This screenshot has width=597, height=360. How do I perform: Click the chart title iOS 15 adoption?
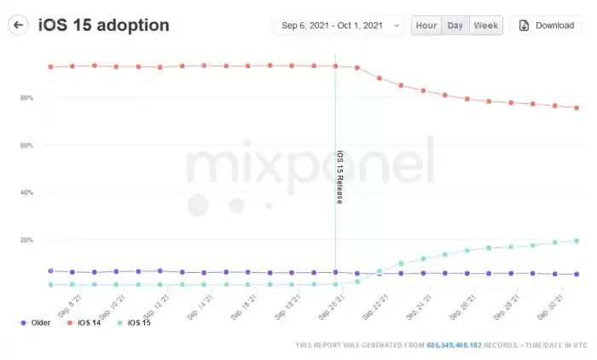[x=104, y=25]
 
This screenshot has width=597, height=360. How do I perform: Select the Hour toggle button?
[x=426, y=26]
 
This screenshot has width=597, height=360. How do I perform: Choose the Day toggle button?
[x=455, y=26]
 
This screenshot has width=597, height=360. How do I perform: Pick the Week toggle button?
[x=485, y=26]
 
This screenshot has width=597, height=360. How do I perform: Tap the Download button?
[x=546, y=26]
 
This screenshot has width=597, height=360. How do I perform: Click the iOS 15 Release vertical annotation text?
[x=339, y=177]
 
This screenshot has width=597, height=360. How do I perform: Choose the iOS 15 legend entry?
[x=138, y=323]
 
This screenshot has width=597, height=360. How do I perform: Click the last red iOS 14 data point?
[x=577, y=107]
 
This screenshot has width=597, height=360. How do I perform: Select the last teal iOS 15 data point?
[x=577, y=241]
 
